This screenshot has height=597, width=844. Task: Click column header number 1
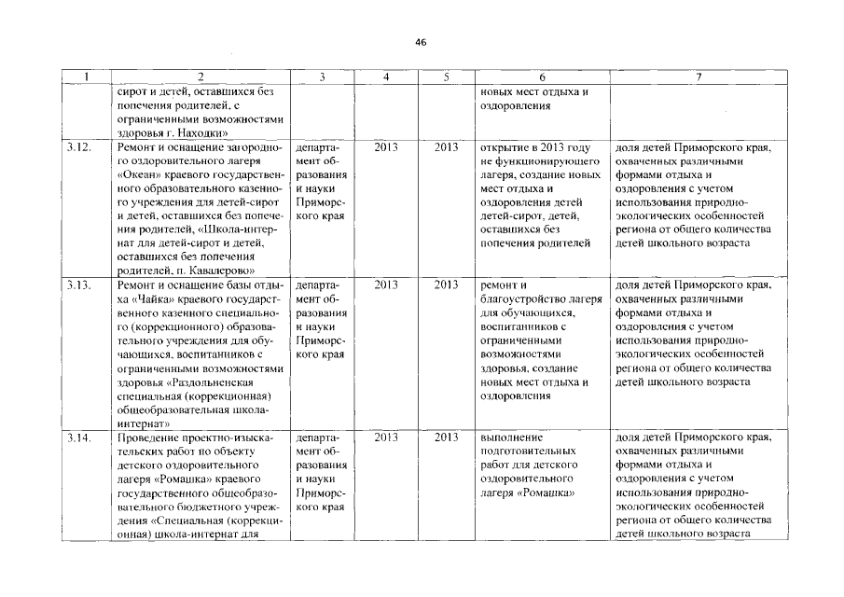(x=86, y=77)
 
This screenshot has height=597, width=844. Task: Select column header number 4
(x=386, y=77)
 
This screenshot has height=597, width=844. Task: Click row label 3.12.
(x=78, y=147)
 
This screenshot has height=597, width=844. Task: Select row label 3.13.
(x=78, y=285)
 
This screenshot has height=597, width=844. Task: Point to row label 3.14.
(x=78, y=437)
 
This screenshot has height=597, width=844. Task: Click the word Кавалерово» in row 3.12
(x=215, y=270)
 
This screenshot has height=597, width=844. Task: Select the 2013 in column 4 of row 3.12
(x=386, y=147)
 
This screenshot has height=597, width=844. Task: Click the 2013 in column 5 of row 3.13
(x=447, y=285)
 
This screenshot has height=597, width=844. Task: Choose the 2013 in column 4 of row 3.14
(x=386, y=437)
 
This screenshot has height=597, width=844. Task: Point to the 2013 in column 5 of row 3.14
(x=447, y=437)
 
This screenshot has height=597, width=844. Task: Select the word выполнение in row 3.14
(x=509, y=437)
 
